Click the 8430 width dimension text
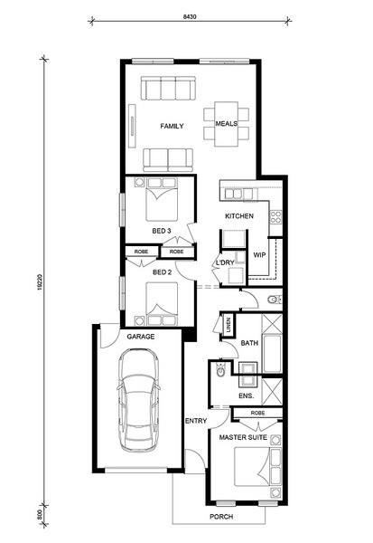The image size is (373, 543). pyautogui.click(x=190, y=16)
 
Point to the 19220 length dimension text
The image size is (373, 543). pyautogui.click(x=40, y=281)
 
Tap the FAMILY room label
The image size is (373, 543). pyautogui.click(x=172, y=126)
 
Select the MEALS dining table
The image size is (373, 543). pyautogui.click(x=226, y=124)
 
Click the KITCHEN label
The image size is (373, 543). pyautogui.click(x=239, y=216)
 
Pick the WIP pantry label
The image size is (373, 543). pyautogui.click(x=259, y=255)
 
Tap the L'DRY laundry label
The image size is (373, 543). pyautogui.click(x=225, y=262)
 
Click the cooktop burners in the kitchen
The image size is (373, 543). pyautogui.click(x=275, y=217)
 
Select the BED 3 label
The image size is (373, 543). pyautogui.click(x=162, y=231)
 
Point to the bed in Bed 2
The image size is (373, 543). pyautogui.click(x=162, y=304)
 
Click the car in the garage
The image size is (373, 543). pyautogui.click(x=138, y=400)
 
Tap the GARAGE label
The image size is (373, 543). pyautogui.click(x=141, y=337)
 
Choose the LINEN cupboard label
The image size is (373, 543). pyautogui.click(x=228, y=325)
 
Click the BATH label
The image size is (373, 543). pyautogui.click(x=249, y=343)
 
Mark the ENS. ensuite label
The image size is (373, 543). pyautogui.click(x=247, y=395)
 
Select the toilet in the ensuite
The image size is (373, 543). pyautogui.click(x=220, y=370)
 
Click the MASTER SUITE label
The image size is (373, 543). pyautogui.click(x=243, y=437)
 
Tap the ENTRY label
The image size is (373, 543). pyautogui.click(x=196, y=421)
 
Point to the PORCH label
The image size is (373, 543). pyautogui.click(x=221, y=517)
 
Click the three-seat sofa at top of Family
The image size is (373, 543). pyautogui.click(x=168, y=89)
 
